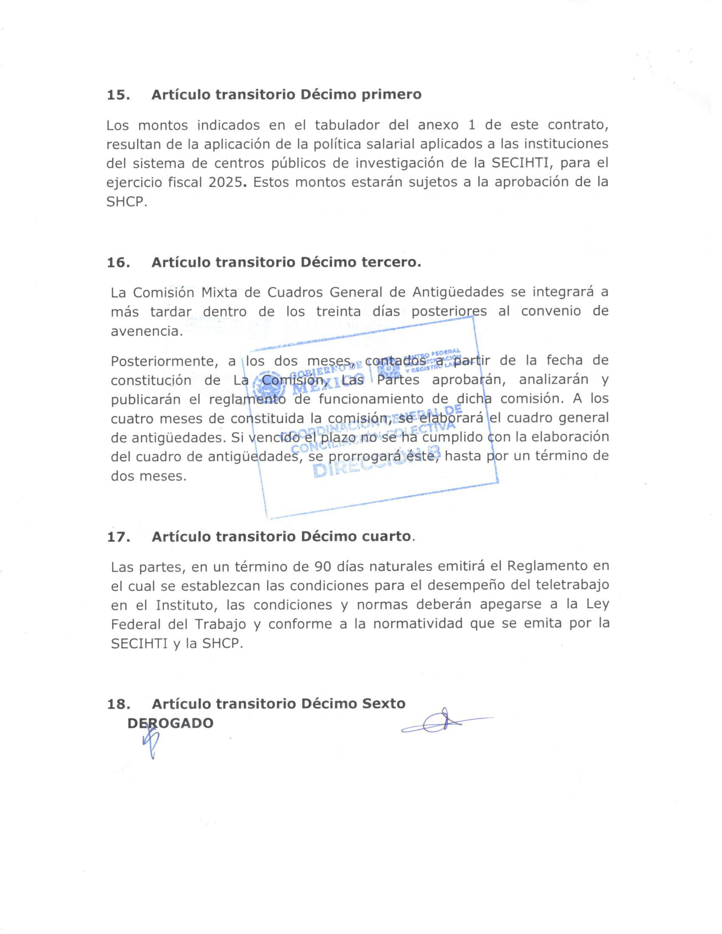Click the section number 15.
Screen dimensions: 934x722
click(118, 95)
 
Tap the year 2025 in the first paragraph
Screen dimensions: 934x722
click(226, 183)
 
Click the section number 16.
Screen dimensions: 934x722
click(118, 262)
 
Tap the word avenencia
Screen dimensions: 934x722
click(146, 332)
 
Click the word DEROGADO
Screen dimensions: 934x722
click(170, 723)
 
